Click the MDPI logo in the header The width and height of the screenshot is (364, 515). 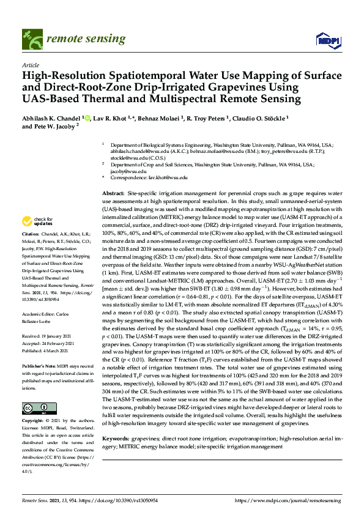pyautogui.click(x=327, y=40)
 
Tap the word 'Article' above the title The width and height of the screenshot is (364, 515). pyautogui.click(x=30, y=64)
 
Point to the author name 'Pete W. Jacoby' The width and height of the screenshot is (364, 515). pyautogui.click(x=55, y=127)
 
